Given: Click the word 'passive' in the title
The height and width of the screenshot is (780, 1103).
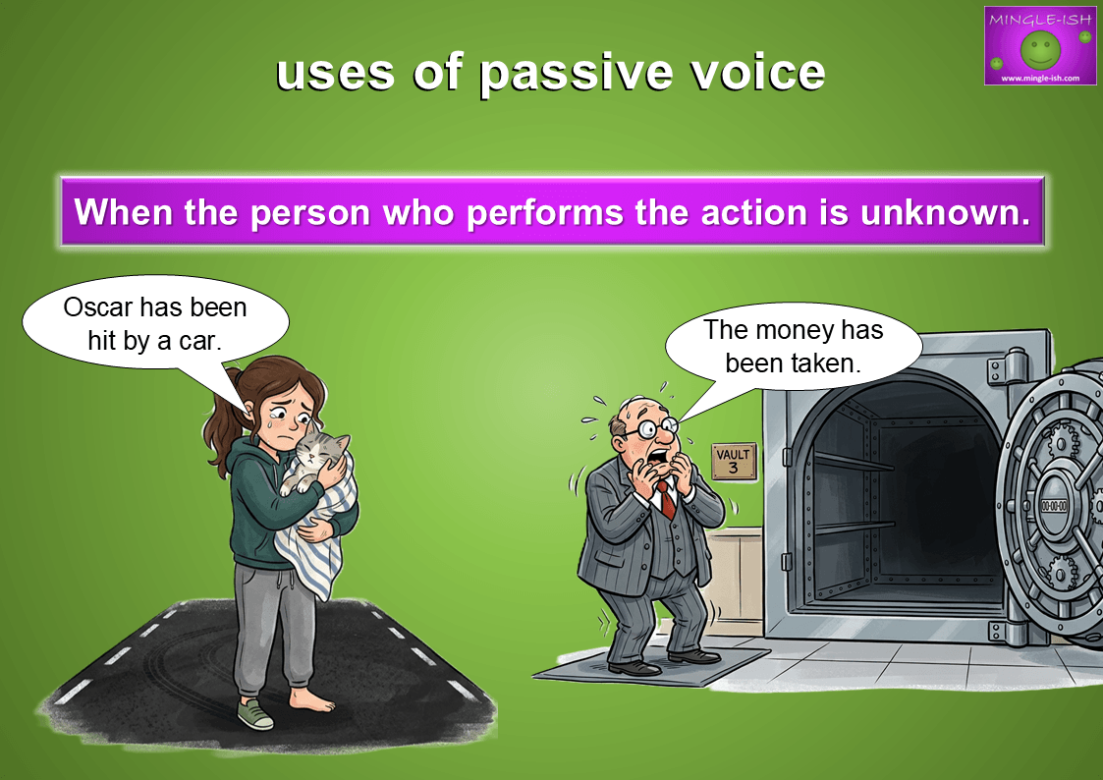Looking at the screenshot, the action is click(x=576, y=74).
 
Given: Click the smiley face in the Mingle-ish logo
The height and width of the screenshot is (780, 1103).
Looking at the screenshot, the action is click(x=1040, y=49).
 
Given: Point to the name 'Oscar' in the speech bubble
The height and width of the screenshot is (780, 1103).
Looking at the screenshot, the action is click(x=98, y=307).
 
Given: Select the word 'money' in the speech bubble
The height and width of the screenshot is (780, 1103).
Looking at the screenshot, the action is click(x=797, y=330).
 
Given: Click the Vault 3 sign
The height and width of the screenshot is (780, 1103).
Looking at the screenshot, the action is click(x=734, y=462).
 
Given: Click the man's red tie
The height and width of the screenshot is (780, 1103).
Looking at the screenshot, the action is click(x=666, y=499).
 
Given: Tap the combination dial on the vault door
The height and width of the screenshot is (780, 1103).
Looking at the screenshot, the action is click(x=1053, y=506).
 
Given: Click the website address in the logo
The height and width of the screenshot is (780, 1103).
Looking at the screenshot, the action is click(x=1040, y=78).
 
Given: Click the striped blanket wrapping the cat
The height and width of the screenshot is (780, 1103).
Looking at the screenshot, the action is click(x=314, y=528).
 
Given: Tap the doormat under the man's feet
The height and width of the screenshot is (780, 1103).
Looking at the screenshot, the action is click(x=650, y=667).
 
